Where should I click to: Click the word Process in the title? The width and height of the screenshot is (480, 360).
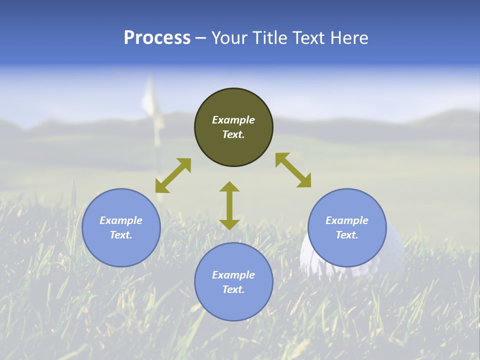[x=157, y=38]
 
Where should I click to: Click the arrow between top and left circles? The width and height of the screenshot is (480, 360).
[x=173, y=175]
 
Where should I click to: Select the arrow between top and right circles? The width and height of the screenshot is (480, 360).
[x=293, y=170]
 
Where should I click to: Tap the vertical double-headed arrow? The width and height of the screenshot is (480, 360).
[x=229, y=205]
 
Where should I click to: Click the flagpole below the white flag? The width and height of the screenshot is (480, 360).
[x=158, y=150]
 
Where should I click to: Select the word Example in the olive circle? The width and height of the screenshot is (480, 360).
[x=233, y=120]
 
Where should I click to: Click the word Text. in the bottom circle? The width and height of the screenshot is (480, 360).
[x=233, y=289]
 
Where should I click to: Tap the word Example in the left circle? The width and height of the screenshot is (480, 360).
[x=121, y=220]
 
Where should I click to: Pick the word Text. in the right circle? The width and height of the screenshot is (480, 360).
[x=347, y=235]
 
